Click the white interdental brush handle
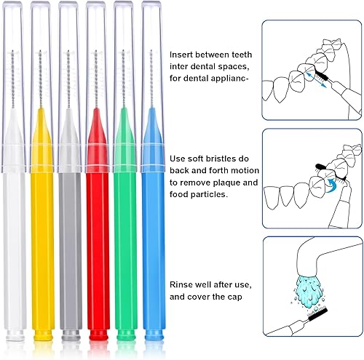click(x=15, y=240)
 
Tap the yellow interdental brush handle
click(x=42, y=240)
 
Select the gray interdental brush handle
click(x=69, y=240)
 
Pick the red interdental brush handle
click(x=97, y=240)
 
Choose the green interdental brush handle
click(x=124, y=240)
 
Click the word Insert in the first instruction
click(x=181, y=55)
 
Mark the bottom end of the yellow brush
click(x=43, y=337)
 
